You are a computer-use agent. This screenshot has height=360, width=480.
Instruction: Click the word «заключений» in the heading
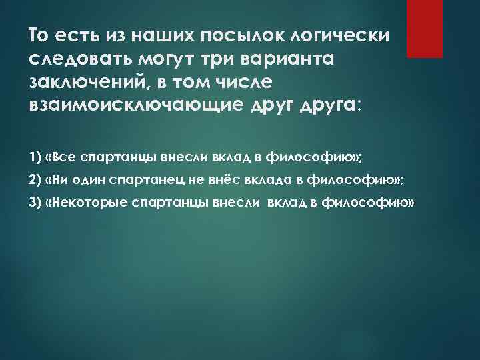[x=85, y=82]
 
